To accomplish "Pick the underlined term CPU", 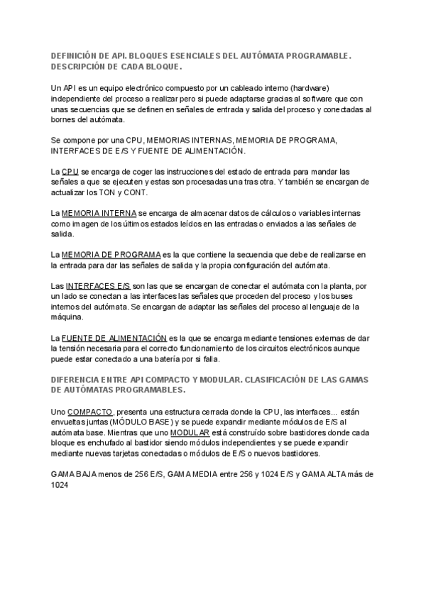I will [70, 172].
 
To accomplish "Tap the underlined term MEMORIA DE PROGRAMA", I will [111, 254].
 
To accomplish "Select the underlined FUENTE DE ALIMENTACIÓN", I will [114, 339].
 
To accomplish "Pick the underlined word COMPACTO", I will [89, 412].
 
